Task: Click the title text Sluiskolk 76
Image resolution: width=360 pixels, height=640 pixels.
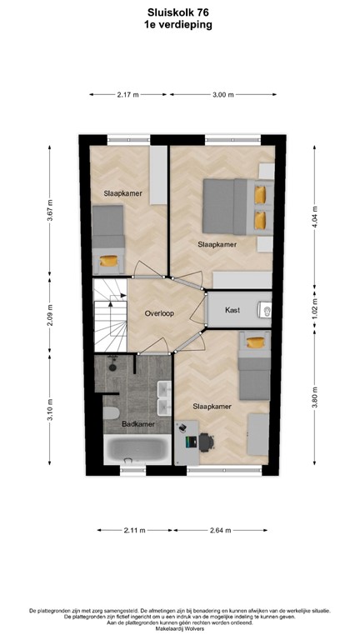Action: click(x=178, y=13)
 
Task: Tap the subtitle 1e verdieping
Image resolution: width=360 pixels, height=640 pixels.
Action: click(x=178, y=25)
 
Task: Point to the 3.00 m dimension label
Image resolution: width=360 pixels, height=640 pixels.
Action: click(x=222, y=95)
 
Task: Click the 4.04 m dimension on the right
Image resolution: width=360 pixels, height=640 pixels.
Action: click(x=314, y=217)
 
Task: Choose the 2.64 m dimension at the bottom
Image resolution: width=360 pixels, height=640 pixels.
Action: click(x=220, y=529)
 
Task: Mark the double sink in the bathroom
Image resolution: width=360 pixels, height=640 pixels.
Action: click(x=162, y=400)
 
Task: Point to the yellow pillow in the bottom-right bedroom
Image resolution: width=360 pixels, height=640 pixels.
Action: click(x=253, y=341)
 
